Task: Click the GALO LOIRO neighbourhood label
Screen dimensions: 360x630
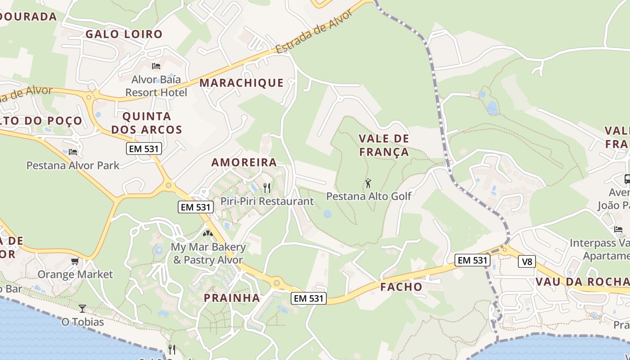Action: tap(124, 34)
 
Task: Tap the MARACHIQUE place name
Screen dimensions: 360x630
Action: tap(242, 83)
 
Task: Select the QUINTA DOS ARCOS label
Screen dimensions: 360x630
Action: tap(147, 123)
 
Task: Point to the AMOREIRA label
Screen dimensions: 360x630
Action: tap(244, 162)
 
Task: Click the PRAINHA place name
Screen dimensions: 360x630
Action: tap(232, 298)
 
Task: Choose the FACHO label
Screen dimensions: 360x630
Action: tap(401, 287)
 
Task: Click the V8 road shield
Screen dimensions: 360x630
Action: tap(526, 261)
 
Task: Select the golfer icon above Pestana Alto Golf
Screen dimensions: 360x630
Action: tap(369, 183)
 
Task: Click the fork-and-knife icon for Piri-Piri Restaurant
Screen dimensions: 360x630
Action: tap(267, 188)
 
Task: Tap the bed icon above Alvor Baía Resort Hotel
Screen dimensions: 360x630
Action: tap(156, 66)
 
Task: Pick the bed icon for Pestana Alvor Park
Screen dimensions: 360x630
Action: tap(73, 152)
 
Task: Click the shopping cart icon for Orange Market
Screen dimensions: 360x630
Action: tap(75, 261)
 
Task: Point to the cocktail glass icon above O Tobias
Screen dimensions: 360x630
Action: tap(82, 309)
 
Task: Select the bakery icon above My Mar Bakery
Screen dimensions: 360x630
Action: tap(207, 234)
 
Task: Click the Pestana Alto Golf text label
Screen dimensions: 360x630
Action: tap(369, 196)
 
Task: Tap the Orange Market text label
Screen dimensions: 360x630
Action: tap(75, 274)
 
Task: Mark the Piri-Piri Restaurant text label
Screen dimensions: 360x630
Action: tap(267, 201)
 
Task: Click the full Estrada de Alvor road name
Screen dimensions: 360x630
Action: tap(314, 32)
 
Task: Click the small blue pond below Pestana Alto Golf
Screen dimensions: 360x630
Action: tap(327, 214)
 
